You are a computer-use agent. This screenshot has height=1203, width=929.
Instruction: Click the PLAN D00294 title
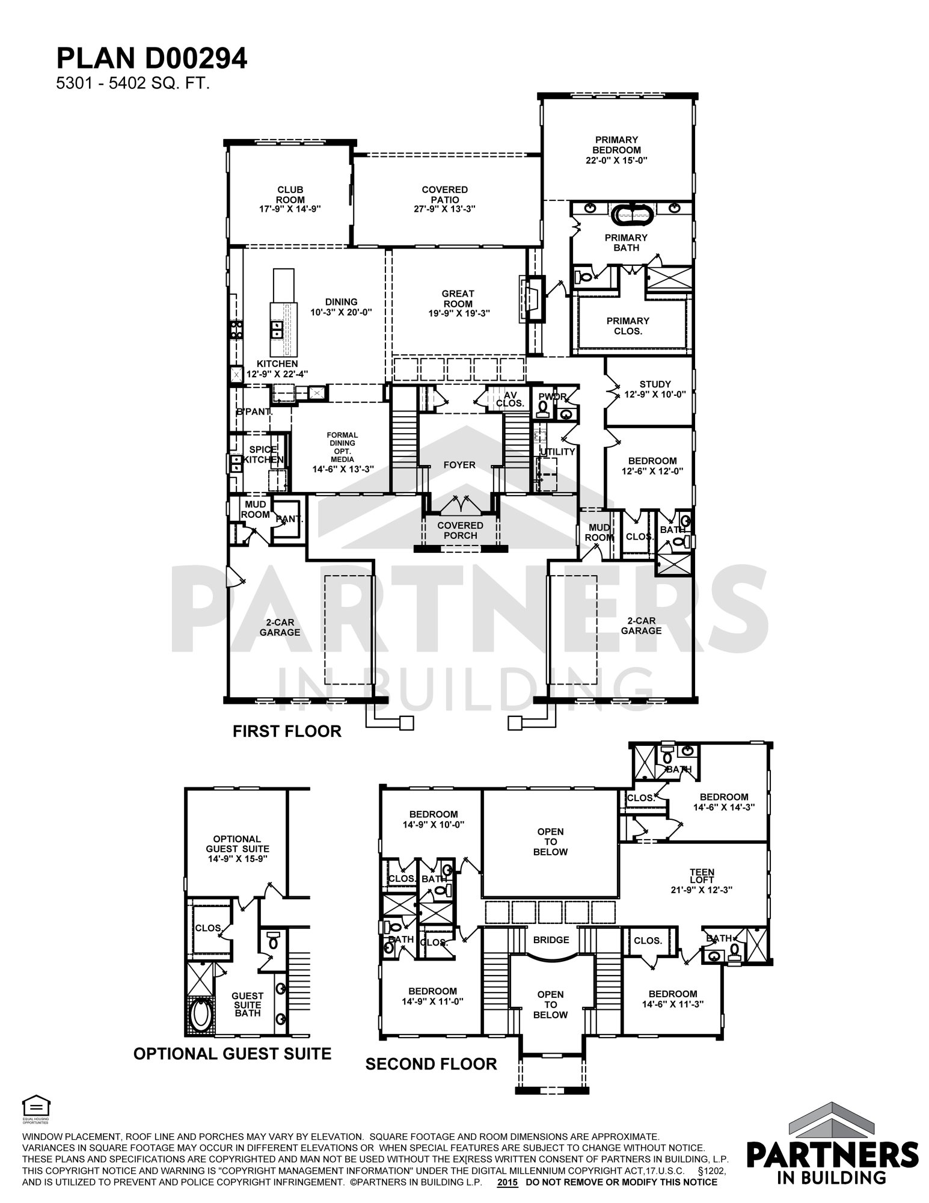pyautogui.click(x=152, y=59)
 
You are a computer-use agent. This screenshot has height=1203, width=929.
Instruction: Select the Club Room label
pyautogui.click(x=290, y=195)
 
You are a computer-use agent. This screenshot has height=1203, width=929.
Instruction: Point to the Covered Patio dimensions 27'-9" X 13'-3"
pyautogui.click(x=445, y=209)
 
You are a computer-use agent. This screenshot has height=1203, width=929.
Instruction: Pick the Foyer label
pyautogui.click(x=459, y=465)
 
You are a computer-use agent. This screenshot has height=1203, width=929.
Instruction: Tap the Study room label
pyautogui.click(x=655, y=384)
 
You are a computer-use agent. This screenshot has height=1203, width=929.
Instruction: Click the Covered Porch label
pyautogui.click(x=461, y=530)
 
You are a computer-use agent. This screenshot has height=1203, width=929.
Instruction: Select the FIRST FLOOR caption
pyautogui.click(x=287, y=731)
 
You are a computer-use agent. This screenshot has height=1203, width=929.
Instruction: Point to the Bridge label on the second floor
pyautogui.click(x=551, y=940)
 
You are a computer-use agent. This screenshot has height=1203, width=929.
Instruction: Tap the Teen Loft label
pyautogui.click(x=702, y=876)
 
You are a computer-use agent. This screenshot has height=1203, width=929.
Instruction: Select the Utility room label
pyautogui.click(x=557, y=452)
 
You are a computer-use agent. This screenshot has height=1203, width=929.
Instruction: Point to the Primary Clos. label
pyautogui.click(x=627, y=325)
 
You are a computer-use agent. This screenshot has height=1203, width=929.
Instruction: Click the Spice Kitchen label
pyautogui.click(x=263, y=454)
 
